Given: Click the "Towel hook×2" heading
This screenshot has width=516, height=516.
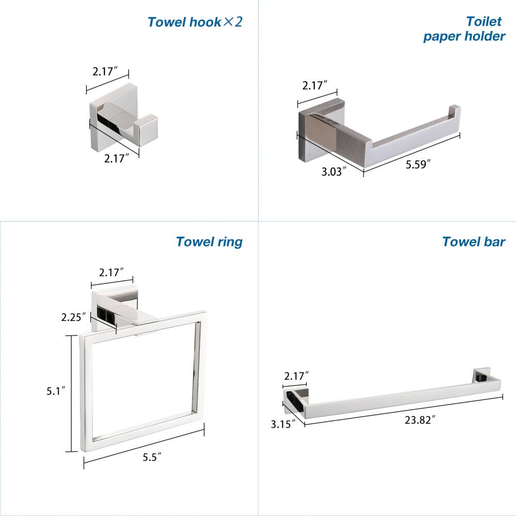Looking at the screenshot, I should [x=195, y=22].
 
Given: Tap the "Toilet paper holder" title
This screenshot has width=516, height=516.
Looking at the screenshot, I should [x=464, y=29].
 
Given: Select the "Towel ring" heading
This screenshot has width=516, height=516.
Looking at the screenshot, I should [x=209, y=241].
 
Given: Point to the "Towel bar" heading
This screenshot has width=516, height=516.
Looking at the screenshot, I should [x=473, y=241].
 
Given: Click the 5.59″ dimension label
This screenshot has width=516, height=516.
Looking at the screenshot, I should [x=417, y=165].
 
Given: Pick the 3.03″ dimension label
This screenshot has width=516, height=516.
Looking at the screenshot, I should [x=333, y=172].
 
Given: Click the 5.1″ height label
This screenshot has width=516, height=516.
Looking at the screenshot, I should [x=56, y=391].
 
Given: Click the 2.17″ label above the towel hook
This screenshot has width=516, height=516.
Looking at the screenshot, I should [x=106, y=72].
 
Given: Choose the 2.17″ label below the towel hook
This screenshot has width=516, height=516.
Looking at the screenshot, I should [x=117, y=158].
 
